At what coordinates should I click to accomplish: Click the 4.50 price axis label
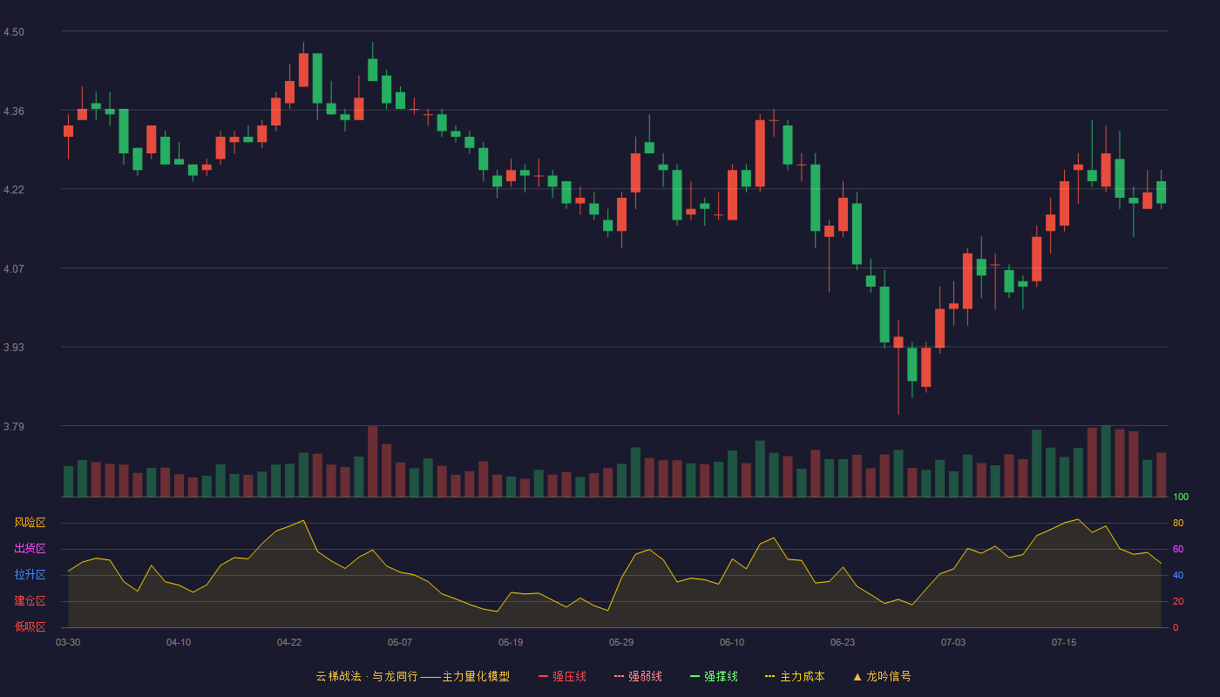pos(14,32)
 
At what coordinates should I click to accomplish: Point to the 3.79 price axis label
pos(14,426)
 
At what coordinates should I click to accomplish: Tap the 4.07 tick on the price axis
pos(14,269)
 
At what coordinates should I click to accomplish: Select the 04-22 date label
pos(289,643)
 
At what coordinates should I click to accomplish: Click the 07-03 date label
pos(953,643)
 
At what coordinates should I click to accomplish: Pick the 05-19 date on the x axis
pos(511,643)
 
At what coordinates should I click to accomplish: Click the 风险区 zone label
pos(30,523)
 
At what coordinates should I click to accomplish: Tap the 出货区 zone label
pos(30,548)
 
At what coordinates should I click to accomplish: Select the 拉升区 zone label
pos(30,574)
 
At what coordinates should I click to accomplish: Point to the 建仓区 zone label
pos(30,600)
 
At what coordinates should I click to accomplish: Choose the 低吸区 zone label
pos(30,626)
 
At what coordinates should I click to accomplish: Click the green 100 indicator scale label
pos(1181,497)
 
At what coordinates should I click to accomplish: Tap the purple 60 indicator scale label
pos(1178,549)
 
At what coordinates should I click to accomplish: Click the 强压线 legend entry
pos(562,676)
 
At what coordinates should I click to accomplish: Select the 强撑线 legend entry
pos(714,676)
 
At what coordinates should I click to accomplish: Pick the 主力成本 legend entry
pos(795,676)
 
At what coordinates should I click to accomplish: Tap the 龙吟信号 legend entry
pos(882,676)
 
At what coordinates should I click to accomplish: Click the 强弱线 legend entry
pos(638,676)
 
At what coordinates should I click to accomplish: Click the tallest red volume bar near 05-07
pos(373,461)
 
